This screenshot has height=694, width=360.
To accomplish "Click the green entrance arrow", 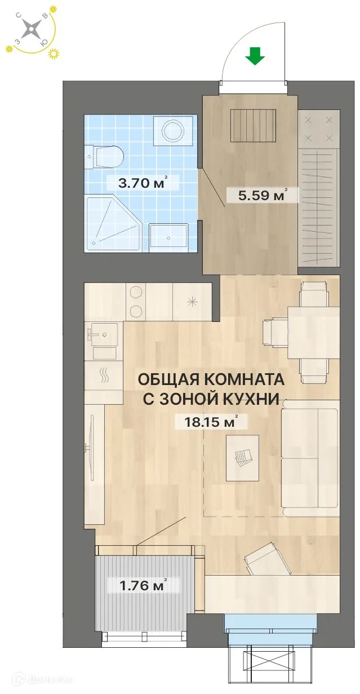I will click(256, 56).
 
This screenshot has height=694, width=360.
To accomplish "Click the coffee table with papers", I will click(242, 457).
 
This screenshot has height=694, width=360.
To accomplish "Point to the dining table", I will click(313, 333).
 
